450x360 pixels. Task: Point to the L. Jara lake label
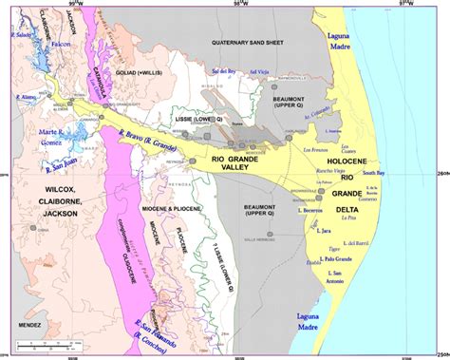click(326, 230)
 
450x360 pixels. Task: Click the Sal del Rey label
click(222, 71)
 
